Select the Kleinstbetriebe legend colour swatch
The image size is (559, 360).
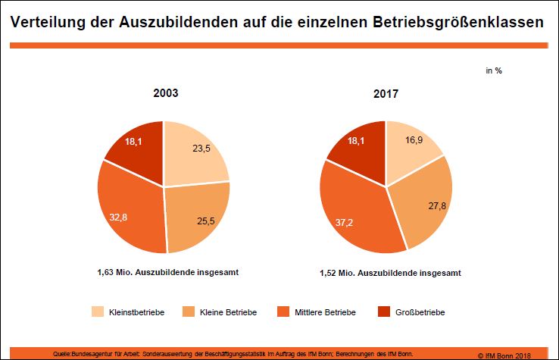[x=98, y=312]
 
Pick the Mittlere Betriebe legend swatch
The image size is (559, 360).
[x=284, y=312]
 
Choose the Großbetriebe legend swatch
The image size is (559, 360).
[x=383, y=312]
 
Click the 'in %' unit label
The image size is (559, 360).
[x=494, y=70]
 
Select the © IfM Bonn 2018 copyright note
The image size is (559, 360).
[x=512, y=354]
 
